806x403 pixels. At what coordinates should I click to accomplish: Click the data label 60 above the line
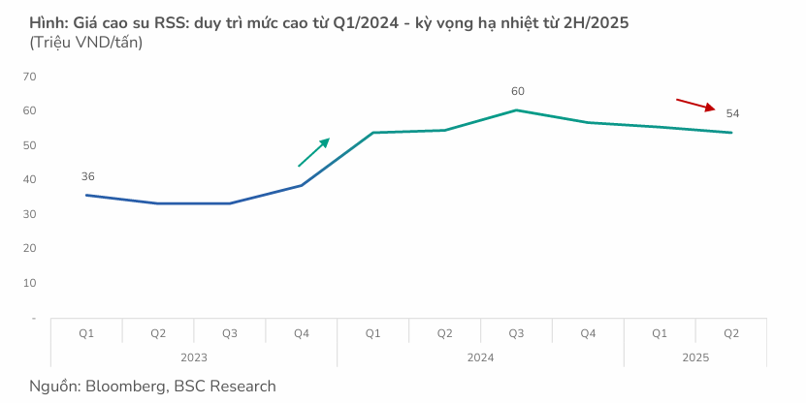517,91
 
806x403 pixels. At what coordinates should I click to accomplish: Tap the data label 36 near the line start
88,176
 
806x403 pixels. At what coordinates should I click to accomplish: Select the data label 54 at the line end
732,114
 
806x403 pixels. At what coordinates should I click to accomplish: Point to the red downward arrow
695,105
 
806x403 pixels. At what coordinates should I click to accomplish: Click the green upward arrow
313,152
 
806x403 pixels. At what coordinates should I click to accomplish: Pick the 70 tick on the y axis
29,77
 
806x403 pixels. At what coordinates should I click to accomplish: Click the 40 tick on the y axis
29,179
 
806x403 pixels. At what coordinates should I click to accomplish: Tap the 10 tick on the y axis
29,283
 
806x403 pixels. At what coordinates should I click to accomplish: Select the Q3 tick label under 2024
516,333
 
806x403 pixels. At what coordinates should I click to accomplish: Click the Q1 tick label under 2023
86,333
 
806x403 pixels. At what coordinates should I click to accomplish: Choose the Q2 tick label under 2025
731,333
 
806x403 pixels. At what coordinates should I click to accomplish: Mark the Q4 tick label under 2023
302,333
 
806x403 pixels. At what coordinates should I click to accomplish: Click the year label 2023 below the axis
194,357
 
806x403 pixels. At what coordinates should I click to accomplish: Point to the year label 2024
480,357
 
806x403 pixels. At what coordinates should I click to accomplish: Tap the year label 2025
695,357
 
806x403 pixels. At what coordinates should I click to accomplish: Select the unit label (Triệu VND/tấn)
86,43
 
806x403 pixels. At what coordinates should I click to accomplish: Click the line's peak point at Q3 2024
516,109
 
